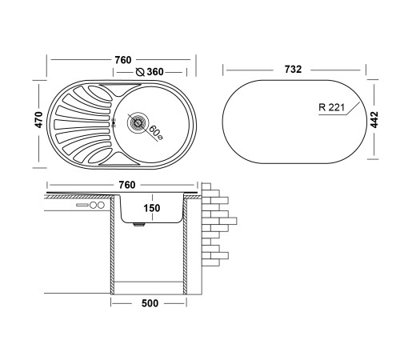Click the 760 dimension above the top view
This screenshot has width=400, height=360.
(x=123, y=60)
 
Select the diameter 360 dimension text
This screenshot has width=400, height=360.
(x=155, y=72)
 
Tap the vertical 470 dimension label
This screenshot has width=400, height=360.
(x=39, y=120)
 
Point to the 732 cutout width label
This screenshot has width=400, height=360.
(x=293, y=70)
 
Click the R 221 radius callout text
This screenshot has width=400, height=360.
(x=332, y=107)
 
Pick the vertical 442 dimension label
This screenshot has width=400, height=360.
(x=374, y=120)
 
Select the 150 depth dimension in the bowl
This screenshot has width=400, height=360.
(x=152, y=208)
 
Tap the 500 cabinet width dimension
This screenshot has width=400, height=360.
(x=150, y=303)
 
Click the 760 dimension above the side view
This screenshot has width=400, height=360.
(x=127, y=185)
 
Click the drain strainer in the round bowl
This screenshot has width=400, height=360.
(x=138, y=122)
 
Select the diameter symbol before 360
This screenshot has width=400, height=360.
(x=140, y=72)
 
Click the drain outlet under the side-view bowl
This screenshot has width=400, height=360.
(x=138, y=225)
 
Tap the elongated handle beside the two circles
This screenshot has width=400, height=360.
(x=82, y=205)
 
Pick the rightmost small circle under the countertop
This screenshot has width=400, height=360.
(x=101, y=205)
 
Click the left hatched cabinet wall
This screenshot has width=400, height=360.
(x=112, y=245)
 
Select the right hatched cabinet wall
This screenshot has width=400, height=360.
(x=185, y=245)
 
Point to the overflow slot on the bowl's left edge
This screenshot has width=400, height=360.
(x=114, y=122)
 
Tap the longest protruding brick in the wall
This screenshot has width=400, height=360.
(x=228, y=221)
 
